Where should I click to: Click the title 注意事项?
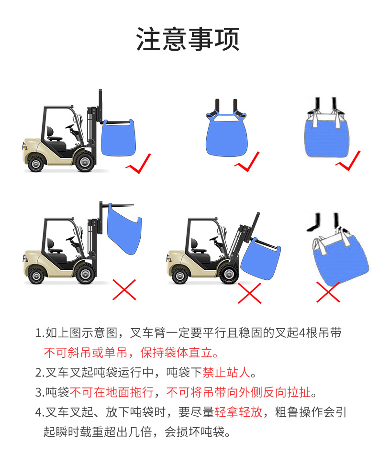pyautogui.click(x=188, y=39)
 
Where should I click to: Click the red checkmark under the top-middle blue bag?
pyautogui.click(x=247, y=164)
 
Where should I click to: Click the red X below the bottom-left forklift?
pyautogui.click(x=124, y=289)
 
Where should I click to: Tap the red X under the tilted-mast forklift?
pyautogui.click(x=250, y=292)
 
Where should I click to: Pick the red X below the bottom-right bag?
pyautogui.click(x=328, y=292)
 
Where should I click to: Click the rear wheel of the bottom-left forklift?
pyautogui.click(x=37, y=275)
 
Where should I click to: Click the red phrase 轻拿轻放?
pyautogui.click(x=238, y=412)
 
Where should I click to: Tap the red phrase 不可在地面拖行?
pyautogui.click(x=112, y=392)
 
